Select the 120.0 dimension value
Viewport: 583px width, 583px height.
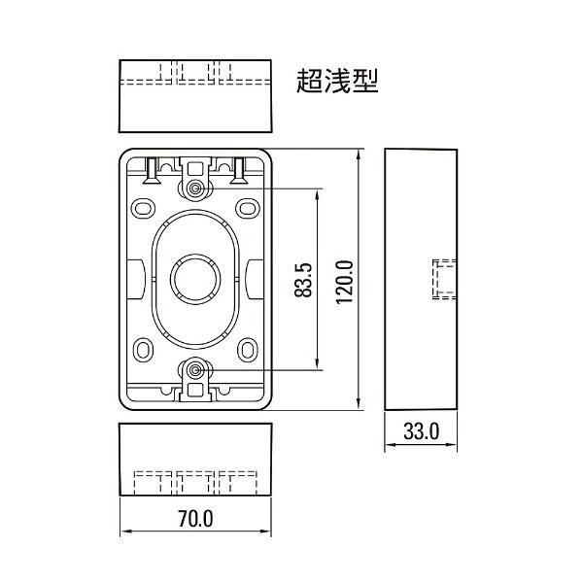(342, 280)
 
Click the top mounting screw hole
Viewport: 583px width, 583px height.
(196, 188)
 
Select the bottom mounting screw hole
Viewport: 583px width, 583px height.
(196, 369)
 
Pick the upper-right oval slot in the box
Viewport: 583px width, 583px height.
(248, 208)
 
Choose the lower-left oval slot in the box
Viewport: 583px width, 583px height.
(144, 348)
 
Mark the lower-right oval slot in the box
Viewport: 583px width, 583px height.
(248, 348)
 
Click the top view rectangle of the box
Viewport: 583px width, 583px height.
(195, 96)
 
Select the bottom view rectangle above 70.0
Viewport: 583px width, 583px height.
(195, 462)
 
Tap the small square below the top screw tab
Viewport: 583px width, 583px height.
(196, 167)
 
